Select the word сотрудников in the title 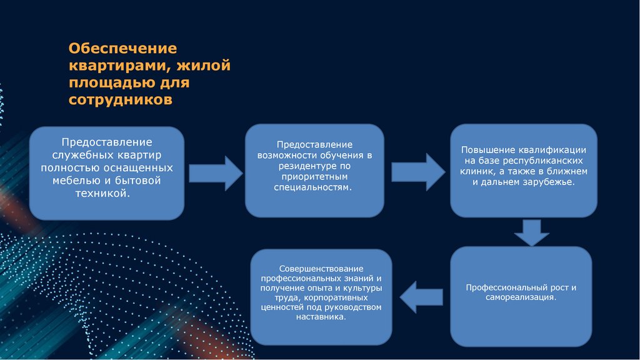coord(120,100)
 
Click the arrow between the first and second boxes coord(215,173)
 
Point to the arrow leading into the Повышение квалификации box coord(417,171)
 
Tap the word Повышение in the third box coord(488,150)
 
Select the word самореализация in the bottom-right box coord(520,297)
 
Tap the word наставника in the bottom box coord(321,317)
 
